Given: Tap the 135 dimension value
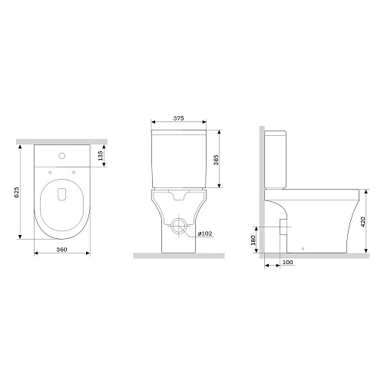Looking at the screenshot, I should tap(101, 156).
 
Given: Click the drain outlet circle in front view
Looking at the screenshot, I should tap(178, 227).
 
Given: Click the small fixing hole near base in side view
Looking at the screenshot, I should tap(306, 248).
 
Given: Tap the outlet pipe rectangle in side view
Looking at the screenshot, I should tap(284, 228).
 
